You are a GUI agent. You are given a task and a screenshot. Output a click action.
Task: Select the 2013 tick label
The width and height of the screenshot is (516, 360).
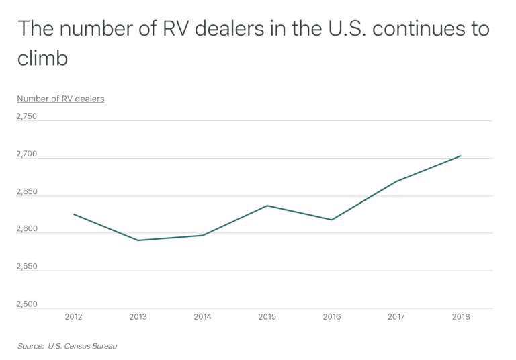coord(138,316)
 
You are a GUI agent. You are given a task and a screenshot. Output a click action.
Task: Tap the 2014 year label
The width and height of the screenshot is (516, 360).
coord(202,316)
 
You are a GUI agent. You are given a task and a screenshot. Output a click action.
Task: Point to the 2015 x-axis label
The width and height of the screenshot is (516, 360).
coord(267,316)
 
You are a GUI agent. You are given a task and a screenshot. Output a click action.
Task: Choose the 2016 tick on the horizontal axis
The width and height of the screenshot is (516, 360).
coord(331,316)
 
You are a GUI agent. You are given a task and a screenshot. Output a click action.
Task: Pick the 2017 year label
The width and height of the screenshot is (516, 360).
coord(396,316)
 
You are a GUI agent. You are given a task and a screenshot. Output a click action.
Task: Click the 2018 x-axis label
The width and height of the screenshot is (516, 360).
coord(460,316)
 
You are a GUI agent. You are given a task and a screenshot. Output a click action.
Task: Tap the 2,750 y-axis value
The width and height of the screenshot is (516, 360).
coord(27,116)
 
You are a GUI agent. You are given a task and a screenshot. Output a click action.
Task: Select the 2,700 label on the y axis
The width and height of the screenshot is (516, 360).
coord(27,154)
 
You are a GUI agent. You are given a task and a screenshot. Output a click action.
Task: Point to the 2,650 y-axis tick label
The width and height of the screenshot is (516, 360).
coord(27,191)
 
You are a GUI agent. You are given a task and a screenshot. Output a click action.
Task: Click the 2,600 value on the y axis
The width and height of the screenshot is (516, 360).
coord(27,229)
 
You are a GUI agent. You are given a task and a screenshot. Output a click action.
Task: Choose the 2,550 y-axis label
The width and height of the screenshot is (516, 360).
coord(27,267)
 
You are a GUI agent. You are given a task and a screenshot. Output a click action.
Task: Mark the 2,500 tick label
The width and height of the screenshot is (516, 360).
coord(27,304)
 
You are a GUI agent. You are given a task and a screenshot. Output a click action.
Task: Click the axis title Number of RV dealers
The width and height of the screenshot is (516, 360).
coord(60,99)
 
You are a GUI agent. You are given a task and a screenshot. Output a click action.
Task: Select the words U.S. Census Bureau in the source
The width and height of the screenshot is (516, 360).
coord(87,347)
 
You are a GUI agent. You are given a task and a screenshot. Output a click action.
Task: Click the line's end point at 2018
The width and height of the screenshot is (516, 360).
coord(460,156)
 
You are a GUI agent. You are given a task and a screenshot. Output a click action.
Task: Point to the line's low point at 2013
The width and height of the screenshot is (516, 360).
coord(138,240)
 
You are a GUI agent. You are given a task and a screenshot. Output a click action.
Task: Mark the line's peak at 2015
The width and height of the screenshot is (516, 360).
coord(267,206)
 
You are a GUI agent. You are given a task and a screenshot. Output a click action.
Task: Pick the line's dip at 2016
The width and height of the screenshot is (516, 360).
coord(331,220)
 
